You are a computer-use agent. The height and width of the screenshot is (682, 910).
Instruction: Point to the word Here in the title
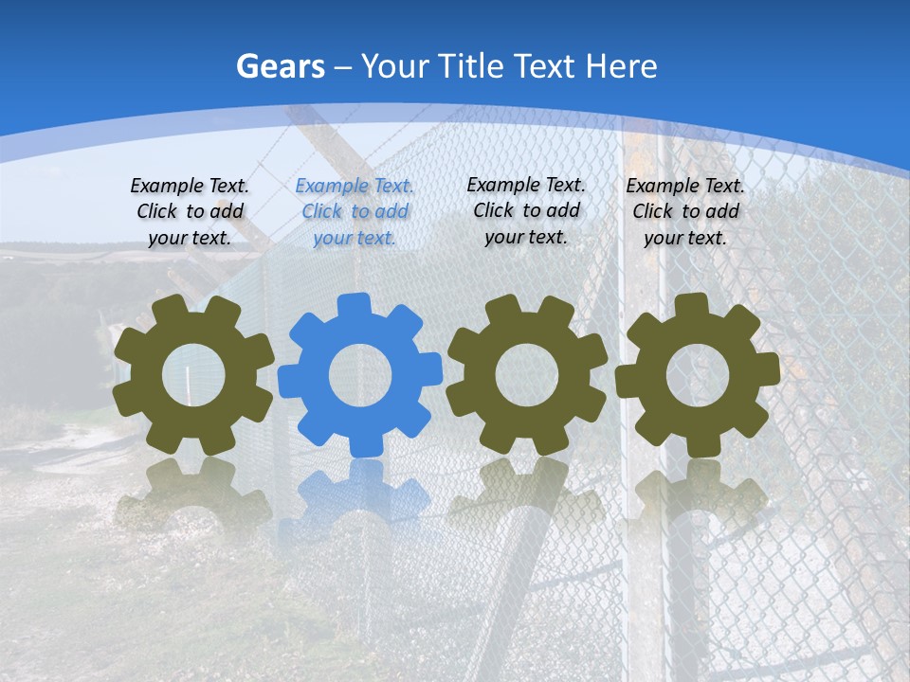tap(621, 66)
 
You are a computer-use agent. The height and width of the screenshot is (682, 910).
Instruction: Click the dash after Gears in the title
tap(343, 67)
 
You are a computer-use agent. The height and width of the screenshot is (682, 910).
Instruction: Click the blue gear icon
tap(360, 374)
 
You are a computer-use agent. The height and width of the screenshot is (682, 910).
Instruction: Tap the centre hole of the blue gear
tap(360, 375)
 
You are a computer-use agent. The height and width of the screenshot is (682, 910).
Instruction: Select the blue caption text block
tap(355, 212)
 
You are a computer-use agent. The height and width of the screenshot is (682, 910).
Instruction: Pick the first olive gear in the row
tap(193, 374)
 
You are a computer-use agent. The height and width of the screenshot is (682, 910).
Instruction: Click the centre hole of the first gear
tap(193, 375)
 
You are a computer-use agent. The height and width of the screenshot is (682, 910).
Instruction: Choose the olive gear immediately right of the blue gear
tap(527, 374)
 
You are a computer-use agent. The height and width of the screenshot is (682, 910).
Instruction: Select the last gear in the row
tap(697, 374)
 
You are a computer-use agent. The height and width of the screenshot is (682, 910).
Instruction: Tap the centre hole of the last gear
tap(697, 375)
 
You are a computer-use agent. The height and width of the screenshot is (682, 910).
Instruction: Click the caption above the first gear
tap(190, 212)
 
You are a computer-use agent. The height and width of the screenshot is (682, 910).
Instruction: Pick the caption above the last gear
tap(685, 212)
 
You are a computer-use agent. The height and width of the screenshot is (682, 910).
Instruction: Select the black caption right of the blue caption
tap(526, 211)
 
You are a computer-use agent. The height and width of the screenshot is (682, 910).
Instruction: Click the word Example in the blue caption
tap(330, 187)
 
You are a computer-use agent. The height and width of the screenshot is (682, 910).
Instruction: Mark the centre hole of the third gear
tap(527, 375)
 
